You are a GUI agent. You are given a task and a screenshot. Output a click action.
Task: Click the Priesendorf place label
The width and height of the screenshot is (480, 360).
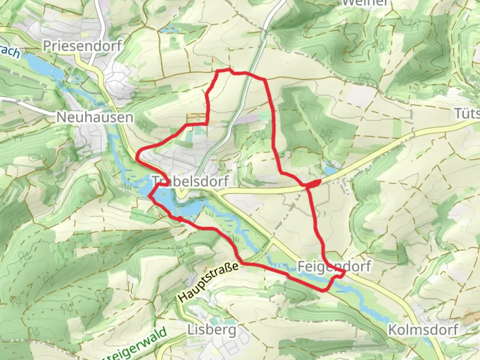coord(82,46)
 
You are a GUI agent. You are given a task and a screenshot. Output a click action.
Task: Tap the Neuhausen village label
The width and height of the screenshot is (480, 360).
coord(95,117)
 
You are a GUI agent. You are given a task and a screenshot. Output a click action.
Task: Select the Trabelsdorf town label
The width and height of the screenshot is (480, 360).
coord(191,181)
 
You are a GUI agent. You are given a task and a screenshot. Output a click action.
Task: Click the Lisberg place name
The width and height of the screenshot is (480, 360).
coord(212,330)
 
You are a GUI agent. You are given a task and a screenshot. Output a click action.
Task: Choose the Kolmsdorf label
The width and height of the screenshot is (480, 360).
coord(423,330)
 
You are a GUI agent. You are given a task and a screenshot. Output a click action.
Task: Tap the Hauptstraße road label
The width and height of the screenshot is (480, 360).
coord(209,282)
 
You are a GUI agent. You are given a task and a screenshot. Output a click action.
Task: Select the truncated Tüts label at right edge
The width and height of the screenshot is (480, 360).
coord(467,114)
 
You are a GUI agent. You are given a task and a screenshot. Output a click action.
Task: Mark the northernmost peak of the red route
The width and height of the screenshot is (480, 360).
coord(228,69)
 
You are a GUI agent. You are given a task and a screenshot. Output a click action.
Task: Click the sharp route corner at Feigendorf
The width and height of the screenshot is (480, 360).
coord(344,273)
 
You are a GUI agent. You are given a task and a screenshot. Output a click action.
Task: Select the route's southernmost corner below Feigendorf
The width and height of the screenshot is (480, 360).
coord(323,291)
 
